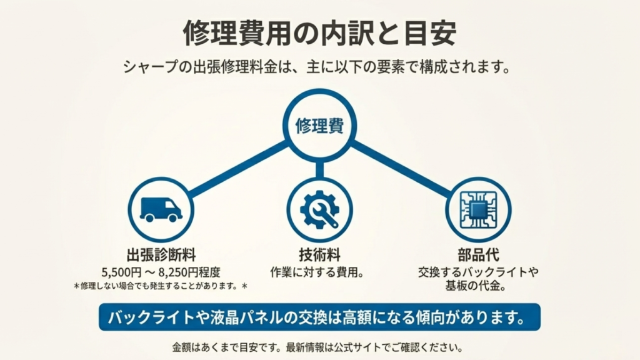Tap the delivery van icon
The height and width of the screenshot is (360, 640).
click(x=161, y=209)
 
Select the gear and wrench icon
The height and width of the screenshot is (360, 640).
click(x=319, y=210)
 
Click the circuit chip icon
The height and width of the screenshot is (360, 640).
click(x=479, y=209)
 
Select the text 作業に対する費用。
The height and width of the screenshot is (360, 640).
click(x=319, y=272)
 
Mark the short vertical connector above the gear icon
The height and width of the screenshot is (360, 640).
click(x=319, y=169)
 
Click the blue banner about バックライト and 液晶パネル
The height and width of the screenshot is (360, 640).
click(x=319, y=317)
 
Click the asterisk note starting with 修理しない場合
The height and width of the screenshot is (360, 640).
click(x=161, y=286)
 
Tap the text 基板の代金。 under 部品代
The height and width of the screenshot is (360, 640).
click(x=478, y=287)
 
